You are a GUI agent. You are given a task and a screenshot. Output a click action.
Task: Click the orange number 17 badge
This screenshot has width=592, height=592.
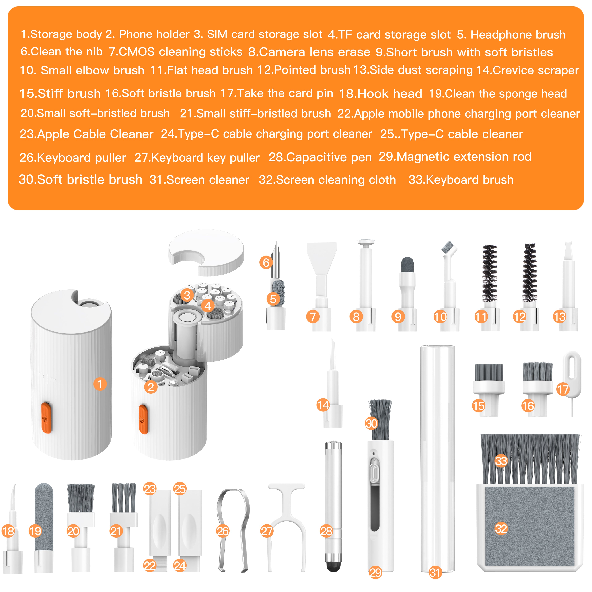point(563,389)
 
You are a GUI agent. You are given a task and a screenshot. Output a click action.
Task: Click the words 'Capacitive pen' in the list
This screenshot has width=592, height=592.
point(329,157)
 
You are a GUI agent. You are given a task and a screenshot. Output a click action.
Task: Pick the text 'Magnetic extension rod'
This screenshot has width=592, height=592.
point(464,157)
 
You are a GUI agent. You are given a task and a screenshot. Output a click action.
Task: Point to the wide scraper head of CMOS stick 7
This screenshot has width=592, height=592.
point(321,257)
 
